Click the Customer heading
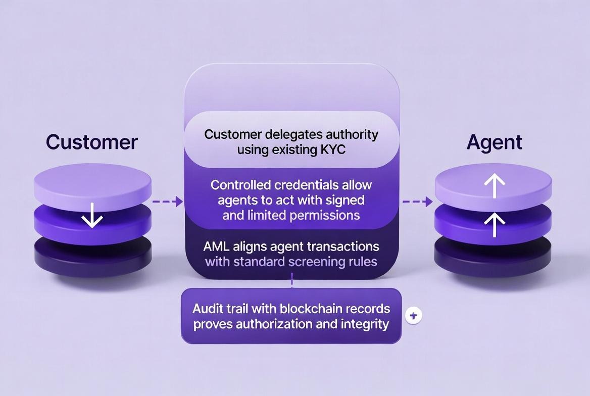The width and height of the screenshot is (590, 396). pyautogui.click(x=92, y=142)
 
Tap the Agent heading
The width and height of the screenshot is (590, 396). pyautogui.click(x=495, y=142)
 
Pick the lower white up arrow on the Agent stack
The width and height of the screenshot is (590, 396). pyautogui.click(x=495, y=225)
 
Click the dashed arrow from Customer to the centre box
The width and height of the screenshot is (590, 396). pyautogui.click(x=167, y=202)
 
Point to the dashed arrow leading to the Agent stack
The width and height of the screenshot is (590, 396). pyautogui.click(x=417, y=202)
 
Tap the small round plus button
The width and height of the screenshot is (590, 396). pyautogui.click(x=414, y=316)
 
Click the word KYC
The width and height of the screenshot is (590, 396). pyautogui.click(x=333, y=150)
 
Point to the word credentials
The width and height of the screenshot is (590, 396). pyautogui.click(x=306, y=185)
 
